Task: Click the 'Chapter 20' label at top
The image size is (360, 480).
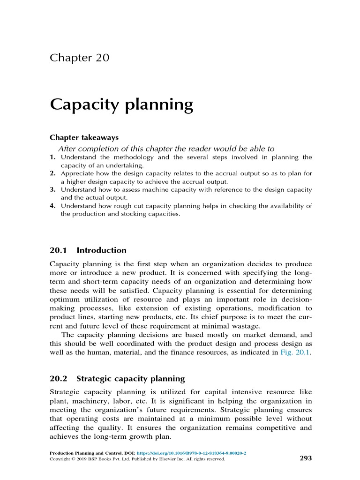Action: click(79, 58)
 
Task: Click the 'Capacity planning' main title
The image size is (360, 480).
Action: click(121, 104)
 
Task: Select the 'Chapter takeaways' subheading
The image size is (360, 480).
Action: click(84, 138)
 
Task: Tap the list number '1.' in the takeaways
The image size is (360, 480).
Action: click(53, 157)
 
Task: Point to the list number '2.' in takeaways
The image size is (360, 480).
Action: click(53, 173)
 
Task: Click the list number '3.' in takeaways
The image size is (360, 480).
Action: click(53, 190)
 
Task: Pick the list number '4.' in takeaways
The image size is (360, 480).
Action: click(53, 206)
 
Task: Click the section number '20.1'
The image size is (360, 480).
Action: click(59, 250)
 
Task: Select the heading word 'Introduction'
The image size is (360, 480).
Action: click(101, 250)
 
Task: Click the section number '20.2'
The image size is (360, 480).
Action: click(59, 378)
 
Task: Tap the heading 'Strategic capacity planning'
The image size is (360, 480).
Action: click(130, 378)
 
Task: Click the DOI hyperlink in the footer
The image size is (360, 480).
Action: click(191, 454)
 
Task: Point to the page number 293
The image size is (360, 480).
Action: click(305, 458)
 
